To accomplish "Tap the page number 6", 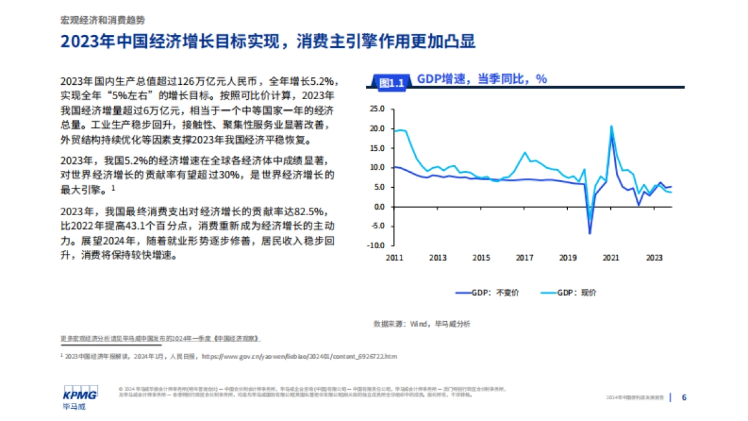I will (684, 397).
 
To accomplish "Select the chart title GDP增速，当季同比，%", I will (481, 79).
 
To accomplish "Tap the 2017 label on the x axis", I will (524, 257).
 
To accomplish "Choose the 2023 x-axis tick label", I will (654, 257).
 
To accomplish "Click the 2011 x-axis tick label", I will (395, 257).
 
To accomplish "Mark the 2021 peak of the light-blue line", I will (611, 127).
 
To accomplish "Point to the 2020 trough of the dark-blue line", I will (590, 233).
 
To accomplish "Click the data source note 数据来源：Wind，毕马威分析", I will (422, 324).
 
